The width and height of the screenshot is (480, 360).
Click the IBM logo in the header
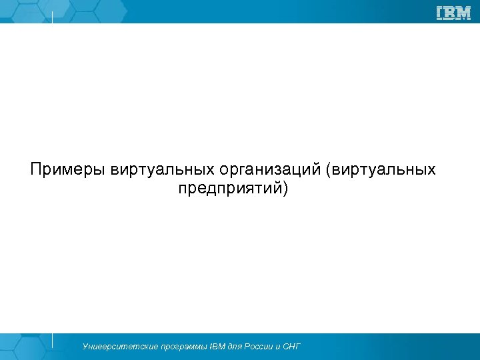click(x=453, y=12)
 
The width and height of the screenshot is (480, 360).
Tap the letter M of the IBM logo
click(x=463, y=12)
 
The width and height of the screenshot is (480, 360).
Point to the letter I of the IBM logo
click(x=440, y=12)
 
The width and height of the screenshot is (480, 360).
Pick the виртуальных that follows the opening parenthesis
click(x=386, y=169)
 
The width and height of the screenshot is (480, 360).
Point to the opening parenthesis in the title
click(x=328, y=169)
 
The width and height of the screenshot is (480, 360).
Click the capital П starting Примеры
click(x=36, y=169)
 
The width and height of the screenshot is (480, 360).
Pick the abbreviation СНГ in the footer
click(x=292, y=347)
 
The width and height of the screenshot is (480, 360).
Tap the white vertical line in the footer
click(x=53, y=340)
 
